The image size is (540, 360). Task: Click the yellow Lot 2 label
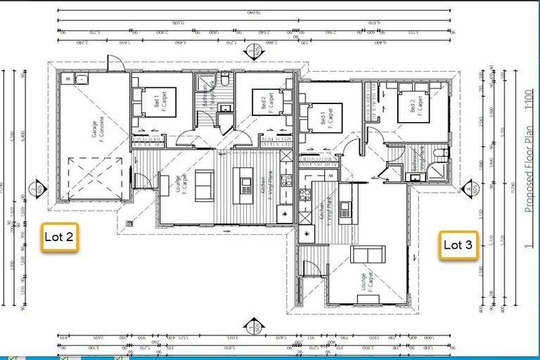(59, 237)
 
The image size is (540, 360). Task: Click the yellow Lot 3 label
(458, 245)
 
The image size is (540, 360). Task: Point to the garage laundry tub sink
(82, 77)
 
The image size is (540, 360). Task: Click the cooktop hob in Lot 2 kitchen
(286, 180)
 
